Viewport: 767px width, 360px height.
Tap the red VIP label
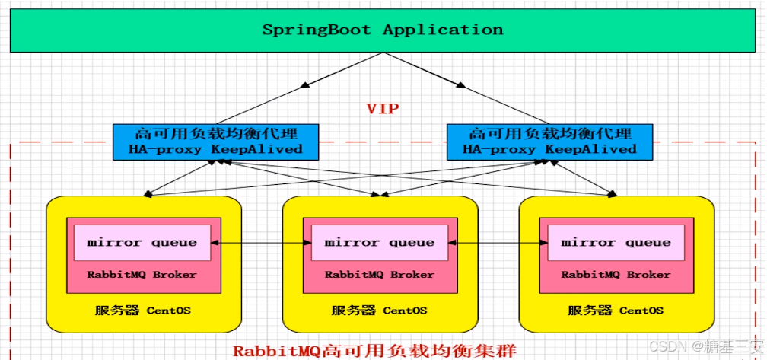click(x=382, y=109)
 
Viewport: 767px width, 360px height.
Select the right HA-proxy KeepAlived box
click(x=549, y=142)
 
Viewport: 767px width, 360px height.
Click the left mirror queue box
click(x=142, y=243)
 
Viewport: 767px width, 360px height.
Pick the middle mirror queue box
click(x=379, y=243)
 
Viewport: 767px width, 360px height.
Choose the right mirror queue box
click(x=616, y=243)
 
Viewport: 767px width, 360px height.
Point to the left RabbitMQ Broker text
click(x=142, y=275)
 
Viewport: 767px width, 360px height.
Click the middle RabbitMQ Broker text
click(x=379, y=275)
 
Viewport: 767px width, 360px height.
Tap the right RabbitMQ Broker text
click(x=616, y=275)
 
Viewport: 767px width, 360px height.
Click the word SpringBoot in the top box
click(x=317, y=30)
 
